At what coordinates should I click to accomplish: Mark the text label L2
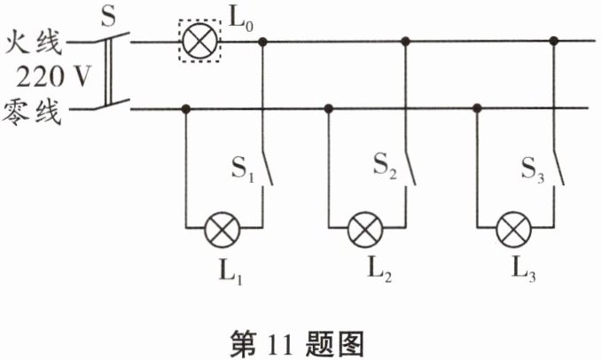point(367,270)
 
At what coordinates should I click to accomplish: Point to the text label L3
point(516,270)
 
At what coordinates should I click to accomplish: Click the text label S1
point(241,169)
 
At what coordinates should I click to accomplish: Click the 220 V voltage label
point(46,75)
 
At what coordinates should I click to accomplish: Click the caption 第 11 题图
point(302,340)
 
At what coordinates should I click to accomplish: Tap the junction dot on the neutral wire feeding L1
point(185,109)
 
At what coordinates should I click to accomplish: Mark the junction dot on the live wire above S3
point(554,40)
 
